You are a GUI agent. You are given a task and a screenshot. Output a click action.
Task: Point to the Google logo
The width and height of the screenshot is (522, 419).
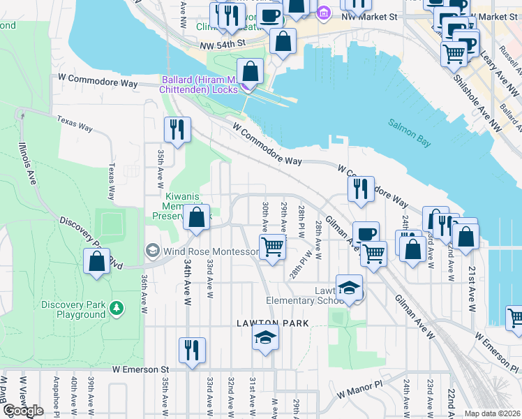pyautogui.click(x=23, y=411)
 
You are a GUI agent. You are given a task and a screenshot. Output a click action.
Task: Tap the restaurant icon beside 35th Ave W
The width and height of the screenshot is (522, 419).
pyautogui.click(x=177, y=129)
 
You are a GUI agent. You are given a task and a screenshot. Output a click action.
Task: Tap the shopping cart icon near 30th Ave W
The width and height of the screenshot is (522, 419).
pyautogui.click(x=272, y=246)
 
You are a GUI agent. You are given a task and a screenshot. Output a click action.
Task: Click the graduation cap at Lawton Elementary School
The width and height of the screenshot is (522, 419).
pyautogui.click(x=349, y=286)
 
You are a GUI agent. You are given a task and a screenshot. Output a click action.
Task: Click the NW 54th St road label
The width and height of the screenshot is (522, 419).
pyautogui.click(x=223, y=43)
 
